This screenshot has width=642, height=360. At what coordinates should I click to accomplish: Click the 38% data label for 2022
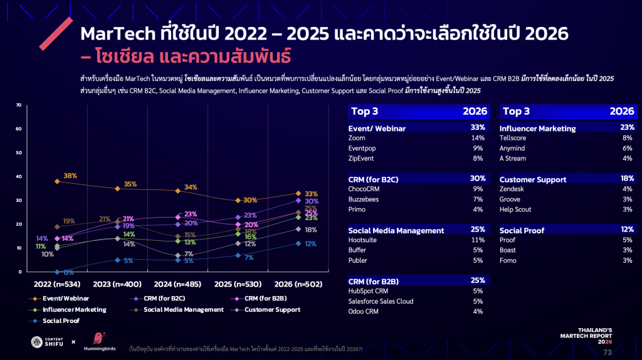[x=70, y=176]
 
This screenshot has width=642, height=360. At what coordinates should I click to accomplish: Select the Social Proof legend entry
[x=61, y=320]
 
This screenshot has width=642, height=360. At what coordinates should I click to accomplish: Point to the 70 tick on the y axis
[x=19, y=105]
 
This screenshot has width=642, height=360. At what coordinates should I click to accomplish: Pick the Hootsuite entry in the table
[x=362, y=240]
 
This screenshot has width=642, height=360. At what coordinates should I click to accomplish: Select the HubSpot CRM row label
[x=367, y=290]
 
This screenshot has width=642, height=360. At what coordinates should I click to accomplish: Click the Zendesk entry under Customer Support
[x=512, y=189]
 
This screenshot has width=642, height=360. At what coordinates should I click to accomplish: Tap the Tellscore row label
[x=513, y=138]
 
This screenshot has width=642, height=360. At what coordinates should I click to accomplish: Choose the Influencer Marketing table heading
[x=537, y=129]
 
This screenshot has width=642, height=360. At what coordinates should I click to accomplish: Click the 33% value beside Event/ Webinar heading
[x=478, y=128]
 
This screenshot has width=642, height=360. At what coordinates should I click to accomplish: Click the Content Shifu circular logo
[x=38, y=342]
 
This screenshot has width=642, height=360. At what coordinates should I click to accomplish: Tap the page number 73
[x=607, y=352]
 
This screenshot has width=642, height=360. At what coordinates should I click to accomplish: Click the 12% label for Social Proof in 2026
[x=310, y=244]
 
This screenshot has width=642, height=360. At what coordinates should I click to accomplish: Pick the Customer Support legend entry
[x=272, y=309]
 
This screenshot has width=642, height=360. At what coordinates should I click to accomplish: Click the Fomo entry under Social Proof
[x=508, y=260]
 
